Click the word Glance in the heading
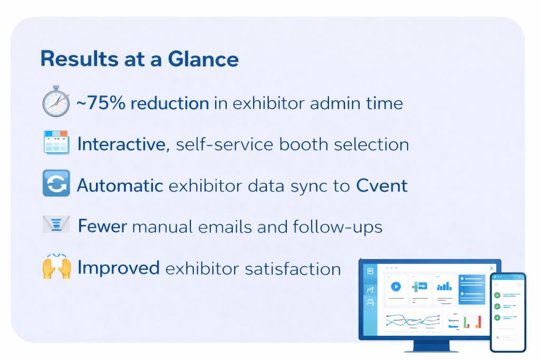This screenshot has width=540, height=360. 203,59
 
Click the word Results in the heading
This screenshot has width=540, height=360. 80,59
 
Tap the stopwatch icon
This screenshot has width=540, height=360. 56,102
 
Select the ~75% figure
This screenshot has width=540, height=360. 101,103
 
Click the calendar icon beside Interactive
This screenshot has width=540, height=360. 56,142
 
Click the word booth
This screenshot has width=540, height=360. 304,144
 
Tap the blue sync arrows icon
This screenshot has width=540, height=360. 56,183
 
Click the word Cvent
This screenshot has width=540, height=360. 382,186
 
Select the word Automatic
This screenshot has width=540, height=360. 120,186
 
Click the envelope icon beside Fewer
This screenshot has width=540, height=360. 56,225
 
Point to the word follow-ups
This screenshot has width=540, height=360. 337,227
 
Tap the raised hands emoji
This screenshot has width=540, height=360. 57,266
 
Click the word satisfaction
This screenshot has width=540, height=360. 293,268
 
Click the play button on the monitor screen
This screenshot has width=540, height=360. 396,286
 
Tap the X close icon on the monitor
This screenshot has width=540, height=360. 492,268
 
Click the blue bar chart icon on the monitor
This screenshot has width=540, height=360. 444,286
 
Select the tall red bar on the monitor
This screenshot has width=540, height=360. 479,322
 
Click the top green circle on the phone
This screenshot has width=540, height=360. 497,295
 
